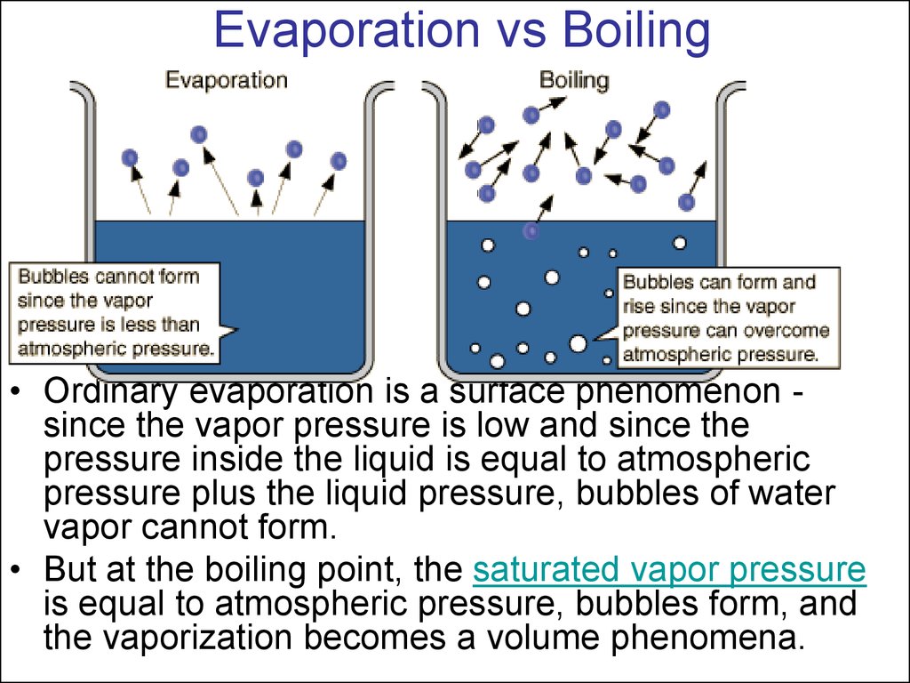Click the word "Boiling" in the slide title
coord(636,31)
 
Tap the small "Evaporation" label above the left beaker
coord(227,80)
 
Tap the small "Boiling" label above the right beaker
coord(575,80)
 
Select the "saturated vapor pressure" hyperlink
coord(669,569)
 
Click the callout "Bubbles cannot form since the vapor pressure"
coord(115,312)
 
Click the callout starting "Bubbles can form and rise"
coord(728,317)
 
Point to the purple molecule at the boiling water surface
coord(531,231)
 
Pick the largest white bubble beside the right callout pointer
coord(578,344)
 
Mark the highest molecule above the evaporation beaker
coord(198,135)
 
